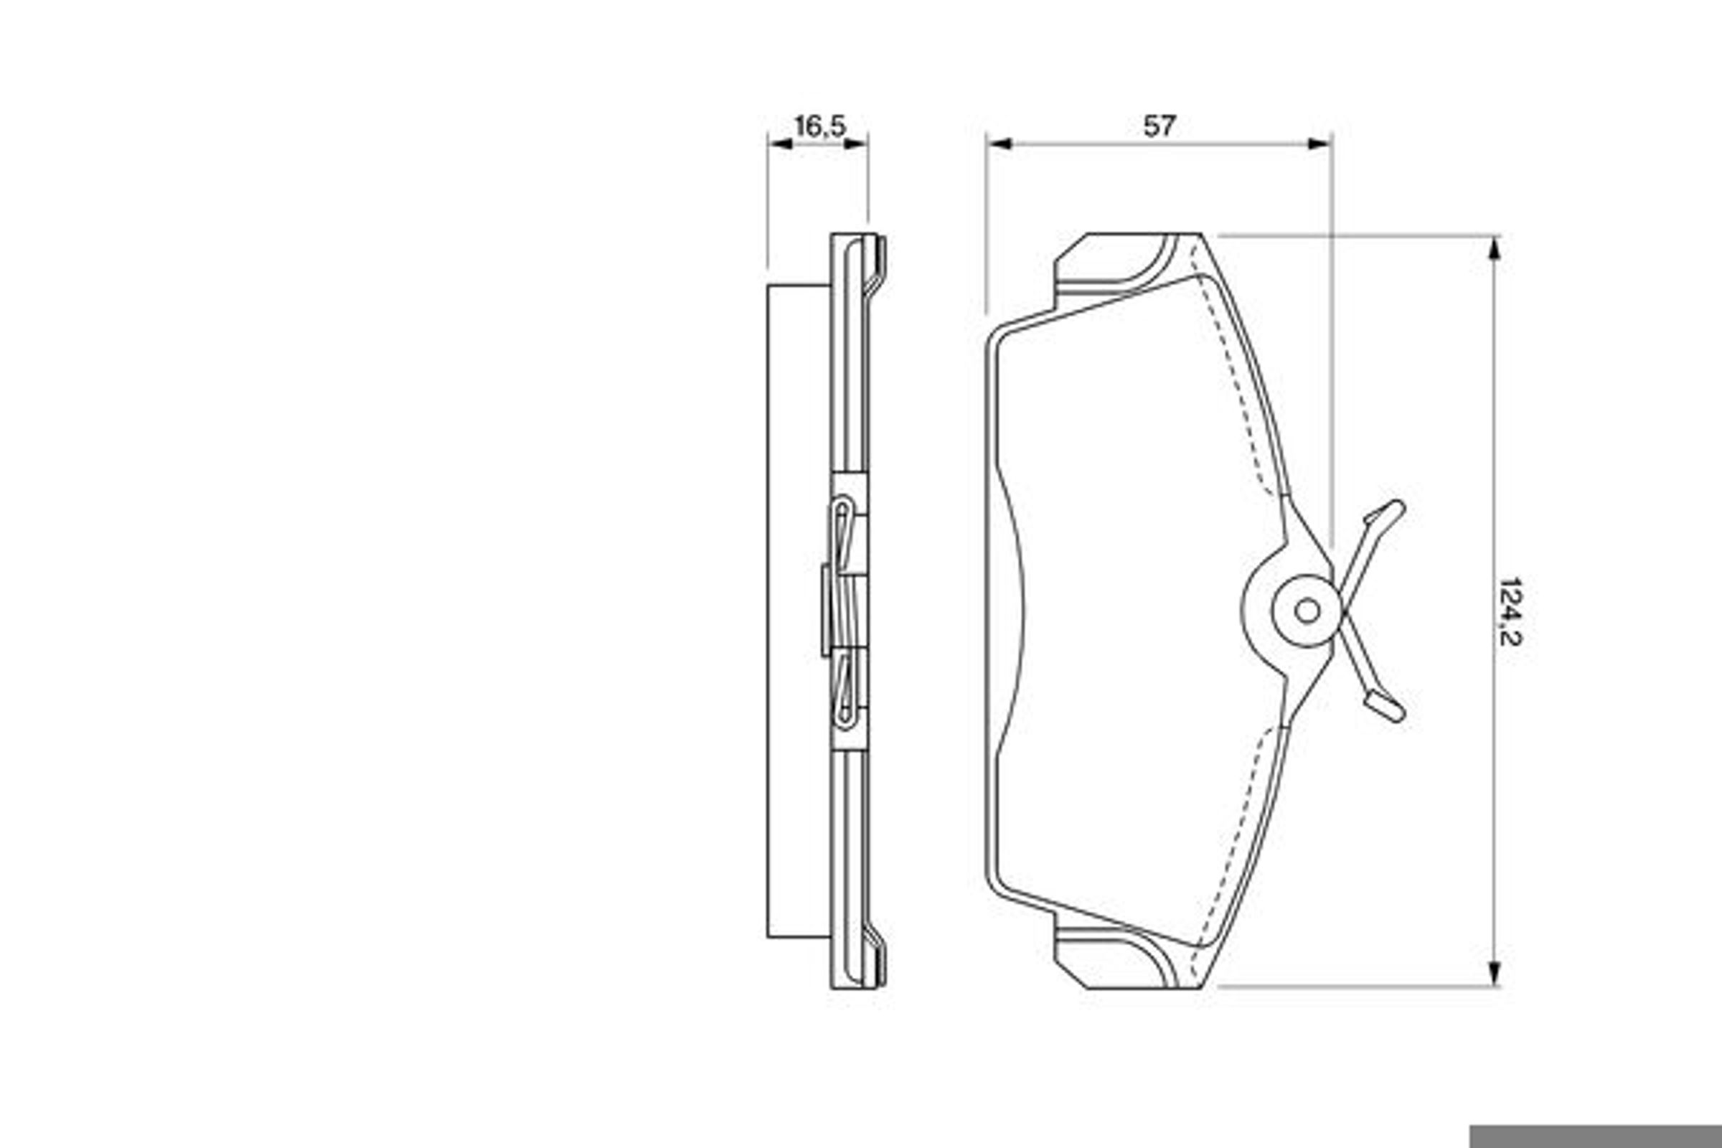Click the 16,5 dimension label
tap(820, 126)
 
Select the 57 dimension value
tap(1159, 126)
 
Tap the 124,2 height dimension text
tap(1510, 612)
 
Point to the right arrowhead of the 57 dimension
tap(1319, 143)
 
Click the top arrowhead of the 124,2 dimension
tap(1495, 248)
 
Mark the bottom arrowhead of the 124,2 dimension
tap(1495, 974)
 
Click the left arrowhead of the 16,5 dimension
tap(781, 143)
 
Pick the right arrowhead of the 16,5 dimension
tap(855, 143)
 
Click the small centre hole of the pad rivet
tap(1307, 611)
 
